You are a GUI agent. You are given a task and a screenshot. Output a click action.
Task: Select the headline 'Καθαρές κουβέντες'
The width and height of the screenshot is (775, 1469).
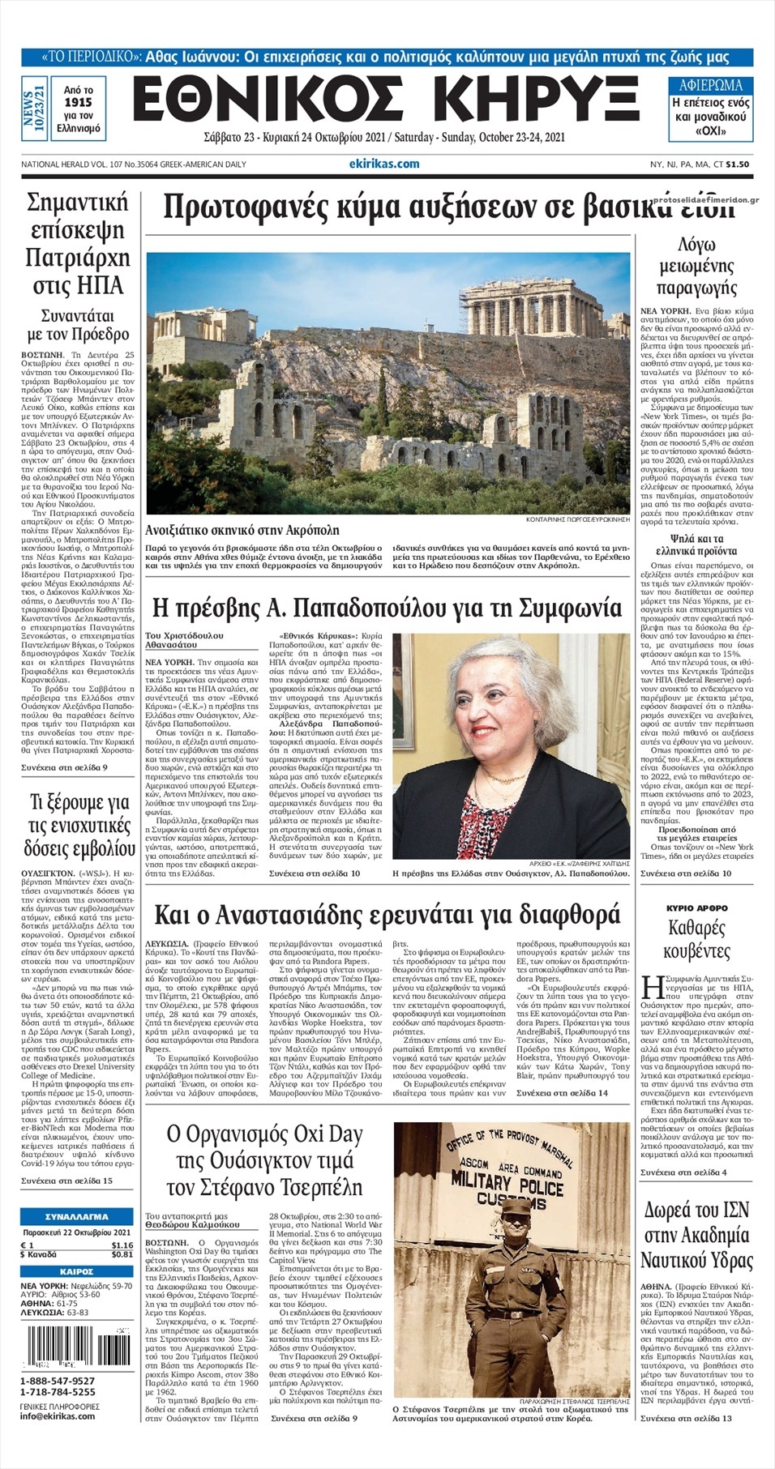[696, 939]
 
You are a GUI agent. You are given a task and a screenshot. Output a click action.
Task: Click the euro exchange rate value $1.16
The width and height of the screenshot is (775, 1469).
[122, 1245]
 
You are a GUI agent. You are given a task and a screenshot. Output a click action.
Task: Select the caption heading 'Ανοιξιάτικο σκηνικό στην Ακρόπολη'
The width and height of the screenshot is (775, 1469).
[242, 531]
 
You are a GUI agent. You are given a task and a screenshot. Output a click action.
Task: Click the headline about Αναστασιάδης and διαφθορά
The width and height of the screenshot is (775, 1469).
[387, 915]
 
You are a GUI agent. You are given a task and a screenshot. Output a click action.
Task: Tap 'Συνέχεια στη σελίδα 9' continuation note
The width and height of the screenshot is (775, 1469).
[64, 767]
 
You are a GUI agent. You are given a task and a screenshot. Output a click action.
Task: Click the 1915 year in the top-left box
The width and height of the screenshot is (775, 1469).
[78, 103]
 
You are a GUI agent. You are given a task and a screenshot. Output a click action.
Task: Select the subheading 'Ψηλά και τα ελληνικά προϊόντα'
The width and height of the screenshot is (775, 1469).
[696, 544]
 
